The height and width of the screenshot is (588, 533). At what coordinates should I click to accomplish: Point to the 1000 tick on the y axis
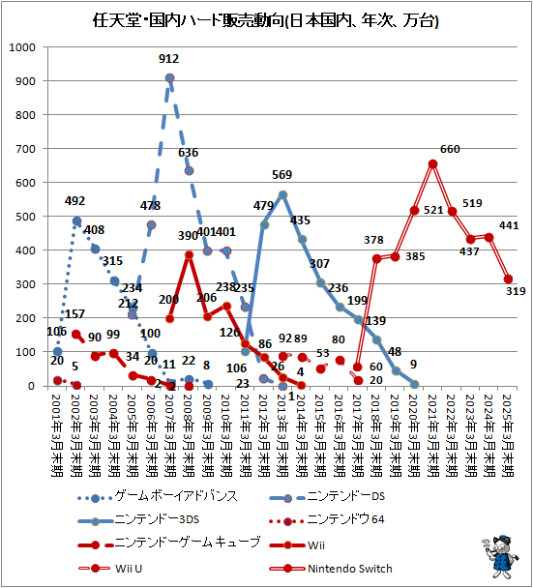[21, 46]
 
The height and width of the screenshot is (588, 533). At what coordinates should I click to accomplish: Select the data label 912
[169, 60]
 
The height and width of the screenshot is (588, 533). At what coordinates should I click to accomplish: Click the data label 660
[450, 149]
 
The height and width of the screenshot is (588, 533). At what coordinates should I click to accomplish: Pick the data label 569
[282, 175]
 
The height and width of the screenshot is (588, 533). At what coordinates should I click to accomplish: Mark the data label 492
[75, 202]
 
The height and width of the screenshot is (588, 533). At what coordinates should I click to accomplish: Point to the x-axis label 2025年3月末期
[509, 434]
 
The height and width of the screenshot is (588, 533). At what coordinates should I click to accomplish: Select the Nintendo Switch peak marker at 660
[433, 163]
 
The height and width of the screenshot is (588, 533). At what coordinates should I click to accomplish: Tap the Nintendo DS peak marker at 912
[170, 78]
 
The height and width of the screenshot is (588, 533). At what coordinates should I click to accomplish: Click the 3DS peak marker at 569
[282, 194]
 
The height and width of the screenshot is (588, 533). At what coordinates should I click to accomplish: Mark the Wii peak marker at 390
[190, 255]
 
